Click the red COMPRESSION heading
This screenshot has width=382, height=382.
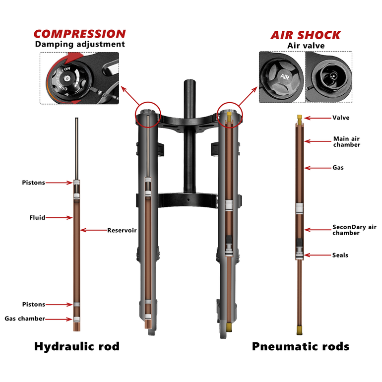coord(80,34)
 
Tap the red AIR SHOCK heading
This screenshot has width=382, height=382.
coord(306,35)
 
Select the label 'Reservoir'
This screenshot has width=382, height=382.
coord(122,230)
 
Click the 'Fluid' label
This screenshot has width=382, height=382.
coord(37,218)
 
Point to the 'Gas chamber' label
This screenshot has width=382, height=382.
coord(25,318)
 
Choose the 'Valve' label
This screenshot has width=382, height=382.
coord(341,118)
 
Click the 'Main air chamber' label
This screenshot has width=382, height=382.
coord(347,141)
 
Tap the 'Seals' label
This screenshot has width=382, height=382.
coord(340,255)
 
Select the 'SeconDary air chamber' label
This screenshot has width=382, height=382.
coord(355,230)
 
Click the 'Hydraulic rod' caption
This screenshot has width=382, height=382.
coord(77,346)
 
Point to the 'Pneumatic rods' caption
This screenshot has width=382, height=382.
coord(301,346)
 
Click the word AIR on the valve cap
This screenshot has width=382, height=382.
coord(285,77)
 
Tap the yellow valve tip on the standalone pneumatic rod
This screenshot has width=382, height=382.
coord(300,118)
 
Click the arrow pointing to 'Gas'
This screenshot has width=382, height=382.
coord(318,168)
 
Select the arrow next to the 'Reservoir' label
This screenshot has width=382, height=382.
coord(94,230)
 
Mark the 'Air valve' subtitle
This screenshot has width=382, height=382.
coord(306,46)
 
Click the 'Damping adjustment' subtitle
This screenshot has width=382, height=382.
coord(80,44)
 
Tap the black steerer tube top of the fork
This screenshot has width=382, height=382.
coord(190,83)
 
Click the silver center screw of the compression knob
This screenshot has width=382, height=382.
coord(66,78)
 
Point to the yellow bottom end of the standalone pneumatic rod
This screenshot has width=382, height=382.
coord(300,330)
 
